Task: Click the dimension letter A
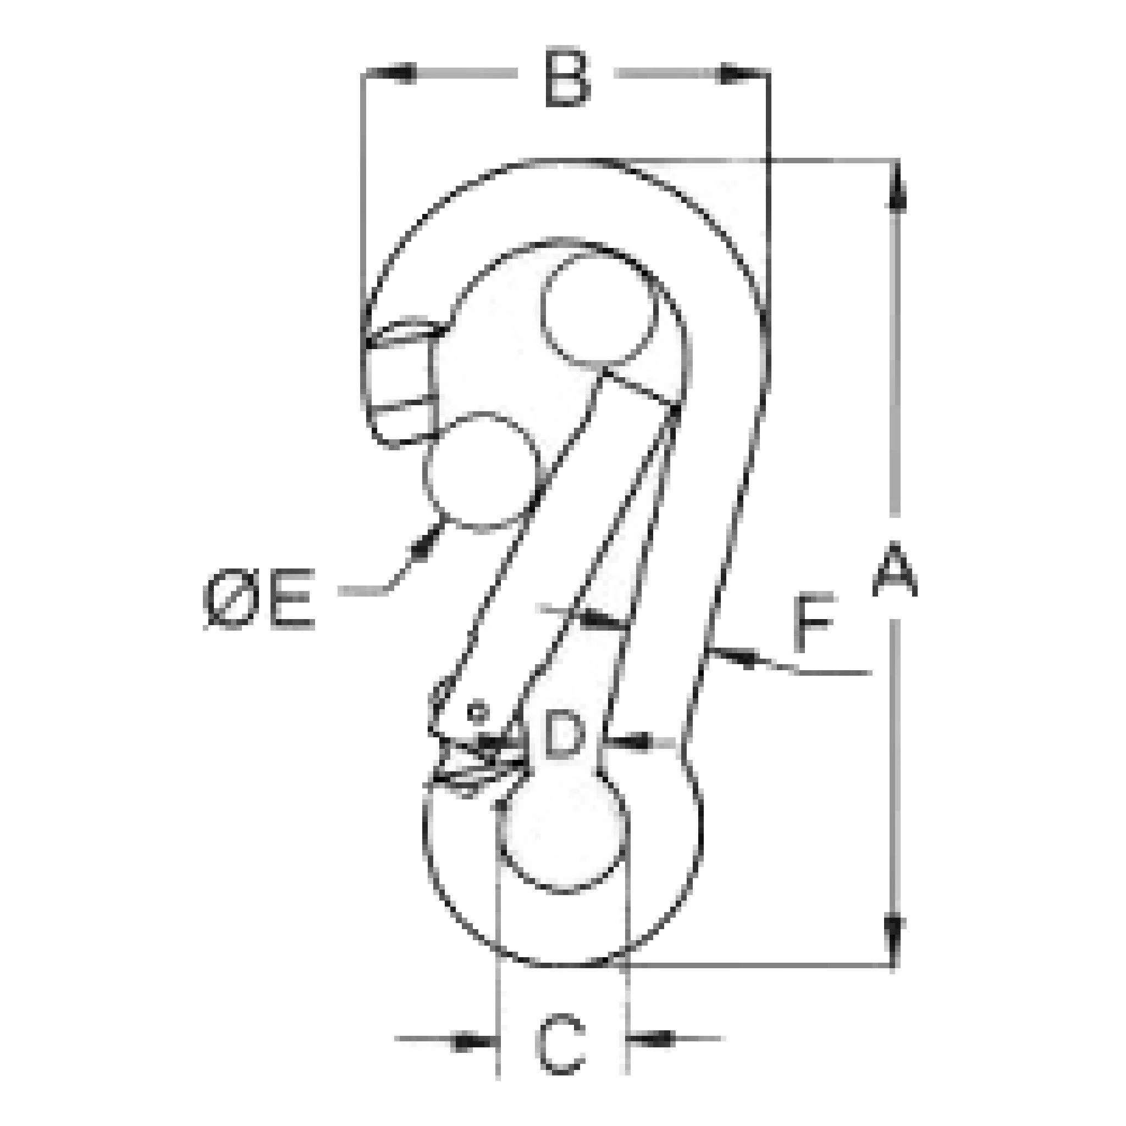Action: tap(895, 568)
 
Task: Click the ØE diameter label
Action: tap(260, 600)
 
